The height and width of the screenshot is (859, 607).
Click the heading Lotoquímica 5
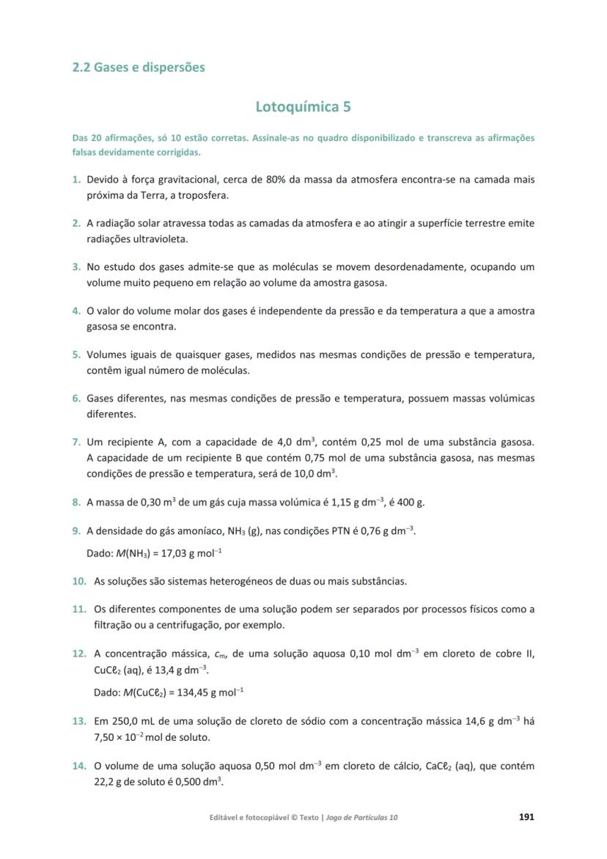(x=303, y=107)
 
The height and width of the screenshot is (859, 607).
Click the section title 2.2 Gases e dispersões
(x=139, y=67)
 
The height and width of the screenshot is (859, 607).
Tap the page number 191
(x=527, y=817)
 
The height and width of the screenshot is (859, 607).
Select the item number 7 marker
(x=76, y=442)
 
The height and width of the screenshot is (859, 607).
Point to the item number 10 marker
(x=79, y=582)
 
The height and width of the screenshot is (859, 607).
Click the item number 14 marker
(x=79, y=767)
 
